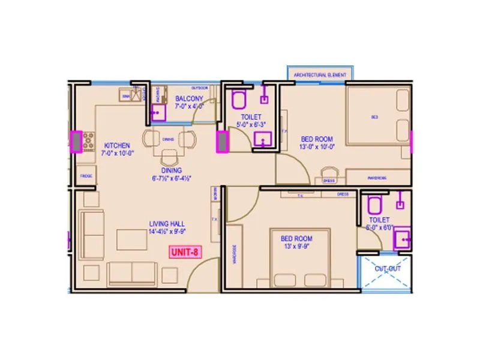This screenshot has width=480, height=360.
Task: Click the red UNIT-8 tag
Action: point(184,252)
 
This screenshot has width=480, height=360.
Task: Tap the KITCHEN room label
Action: point(117,146)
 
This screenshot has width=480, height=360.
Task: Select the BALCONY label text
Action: point(189,98)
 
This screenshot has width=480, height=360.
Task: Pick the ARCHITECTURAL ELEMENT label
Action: point(320,74)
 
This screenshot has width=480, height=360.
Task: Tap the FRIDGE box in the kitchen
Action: point(86,175)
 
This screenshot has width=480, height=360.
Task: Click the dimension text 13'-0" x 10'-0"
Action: point(317,146)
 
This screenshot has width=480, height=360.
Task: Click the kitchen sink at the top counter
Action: point(127,95)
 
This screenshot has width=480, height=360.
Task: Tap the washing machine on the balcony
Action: point(158,112)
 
